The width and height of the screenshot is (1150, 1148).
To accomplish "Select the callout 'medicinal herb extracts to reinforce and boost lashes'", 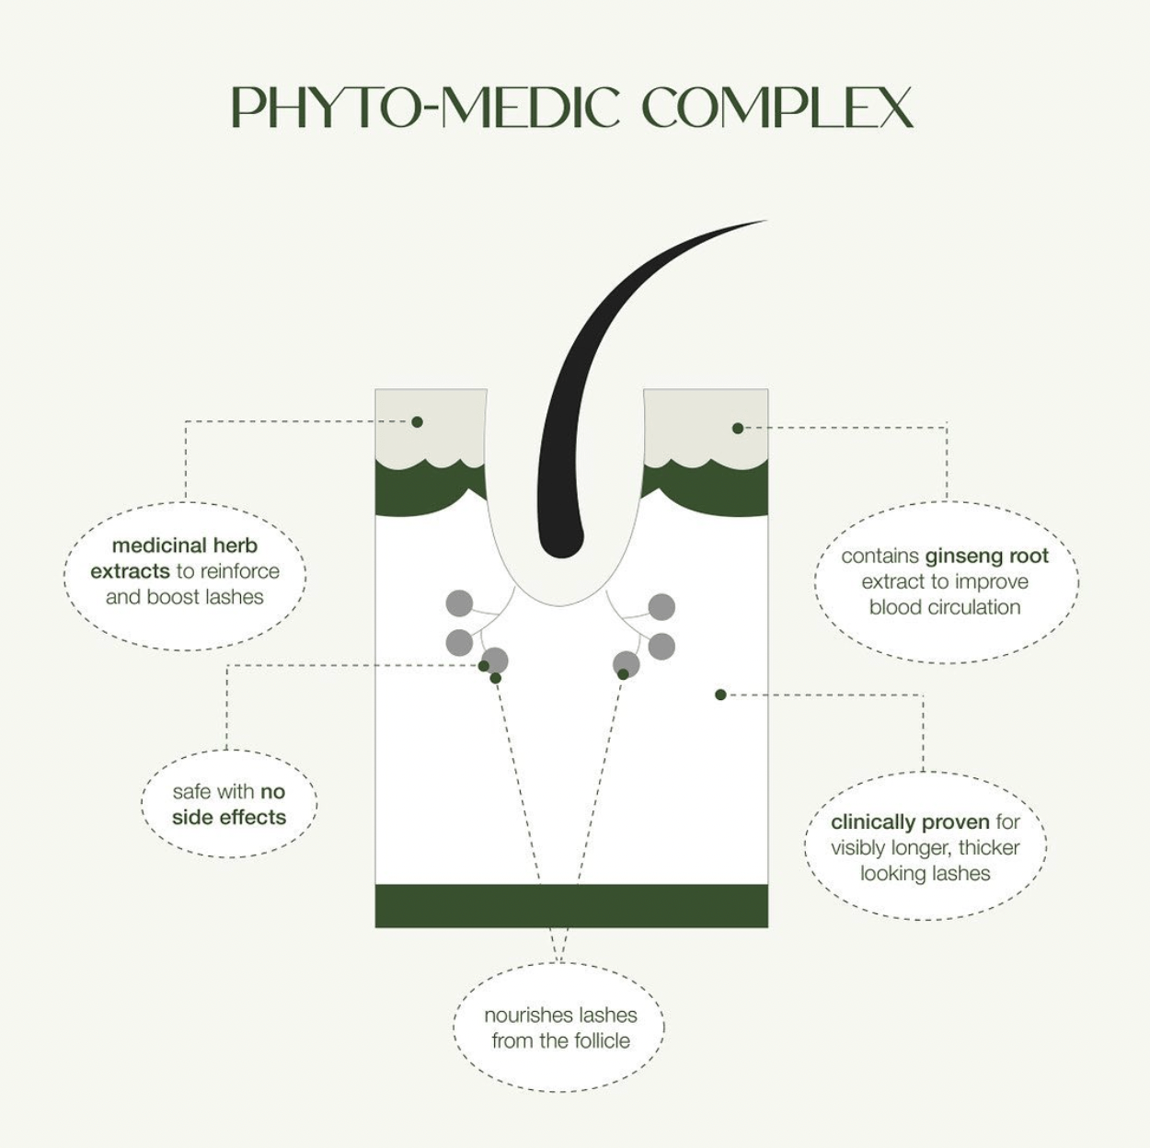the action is pyautogui.click(x=185, y=576).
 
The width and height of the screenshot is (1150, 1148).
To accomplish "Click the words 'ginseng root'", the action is pyautogui.click(x=986, y=557).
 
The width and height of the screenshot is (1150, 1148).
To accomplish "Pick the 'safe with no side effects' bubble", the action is pyautogui.click(x=229, y=804).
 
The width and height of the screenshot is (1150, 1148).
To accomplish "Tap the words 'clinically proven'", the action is pyautogui.click(x=910, y=822).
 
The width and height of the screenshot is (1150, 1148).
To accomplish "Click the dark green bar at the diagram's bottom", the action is pyautogui.click(x=571, y=906).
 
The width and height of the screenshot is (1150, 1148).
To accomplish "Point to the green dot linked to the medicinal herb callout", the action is pyautogui.click(x=417, y=422).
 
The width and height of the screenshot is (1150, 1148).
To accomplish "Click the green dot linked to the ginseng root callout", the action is pyautogui.click(x=738, y=428).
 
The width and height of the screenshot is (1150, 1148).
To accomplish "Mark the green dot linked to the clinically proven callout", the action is pyautogui.click(x=720, y=695).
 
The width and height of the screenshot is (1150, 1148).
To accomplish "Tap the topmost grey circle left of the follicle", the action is pyautogui.click(x=459, y=603).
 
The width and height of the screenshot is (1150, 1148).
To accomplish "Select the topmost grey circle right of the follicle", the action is pyautogui.click(x=661, y=607).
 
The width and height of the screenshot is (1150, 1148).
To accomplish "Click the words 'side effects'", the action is pyautogui.click(x=229, y=817).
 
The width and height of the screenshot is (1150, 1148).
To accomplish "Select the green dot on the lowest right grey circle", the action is pyautogui.click(x=623, y=674).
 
